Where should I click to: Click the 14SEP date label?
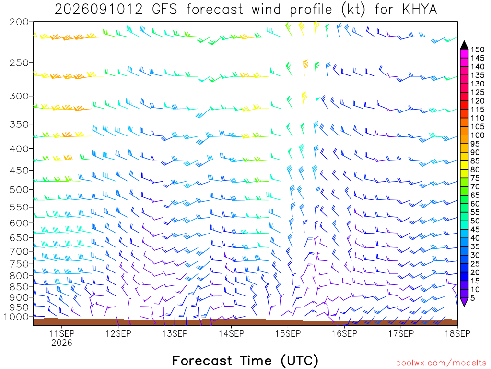(x=231, y=333)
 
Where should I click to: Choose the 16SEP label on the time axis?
(x=344, y=333)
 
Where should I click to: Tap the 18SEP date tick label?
(x=457, y=333)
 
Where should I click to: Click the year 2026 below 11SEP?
(x=62, y=343)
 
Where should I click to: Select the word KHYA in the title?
(x=419, y=10)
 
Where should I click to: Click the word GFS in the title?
(x=164, y=10)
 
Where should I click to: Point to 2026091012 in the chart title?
(x=99, y=10)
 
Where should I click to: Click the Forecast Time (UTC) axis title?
(x=245, y=361)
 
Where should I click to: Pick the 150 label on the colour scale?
(x=477, y=49)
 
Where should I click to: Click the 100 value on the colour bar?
(x=477, y=135)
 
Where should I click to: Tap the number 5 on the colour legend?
(x=473, y=298)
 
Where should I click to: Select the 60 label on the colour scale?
(x=475, y=204)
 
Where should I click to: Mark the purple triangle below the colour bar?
(x=464, y=302)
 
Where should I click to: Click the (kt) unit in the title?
(x=353, y=10)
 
